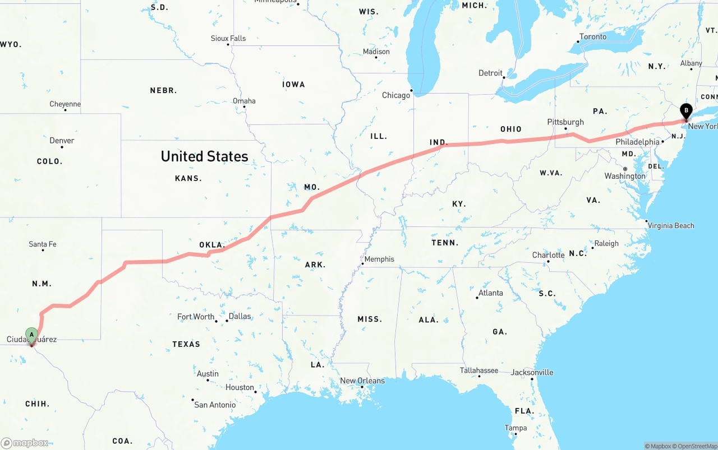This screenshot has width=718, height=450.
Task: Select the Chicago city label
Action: point(396,95)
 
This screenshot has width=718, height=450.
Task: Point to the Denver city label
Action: point(62,141)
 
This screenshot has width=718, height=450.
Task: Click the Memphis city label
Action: point(379,259)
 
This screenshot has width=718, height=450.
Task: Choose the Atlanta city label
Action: point(491,293)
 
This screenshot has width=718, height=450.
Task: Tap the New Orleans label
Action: point(362,381)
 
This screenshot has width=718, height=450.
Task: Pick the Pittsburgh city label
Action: point(565,122)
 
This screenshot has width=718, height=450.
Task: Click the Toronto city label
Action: point(593,37)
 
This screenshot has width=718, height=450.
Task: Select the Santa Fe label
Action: point(43,244)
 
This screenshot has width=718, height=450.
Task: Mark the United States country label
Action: point(204,156)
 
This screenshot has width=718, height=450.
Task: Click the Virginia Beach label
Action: point(671,226)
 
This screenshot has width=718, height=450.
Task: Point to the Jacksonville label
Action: point(532,372)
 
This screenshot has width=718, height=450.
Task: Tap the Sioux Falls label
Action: point(228,39)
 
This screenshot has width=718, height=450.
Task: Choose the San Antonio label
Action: point(215,405)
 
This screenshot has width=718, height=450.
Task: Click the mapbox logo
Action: point(25,443)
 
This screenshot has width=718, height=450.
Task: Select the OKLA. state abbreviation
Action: point(212,245)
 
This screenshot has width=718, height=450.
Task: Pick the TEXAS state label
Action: point(186,344)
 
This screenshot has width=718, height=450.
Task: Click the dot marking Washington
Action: point(625,169)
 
